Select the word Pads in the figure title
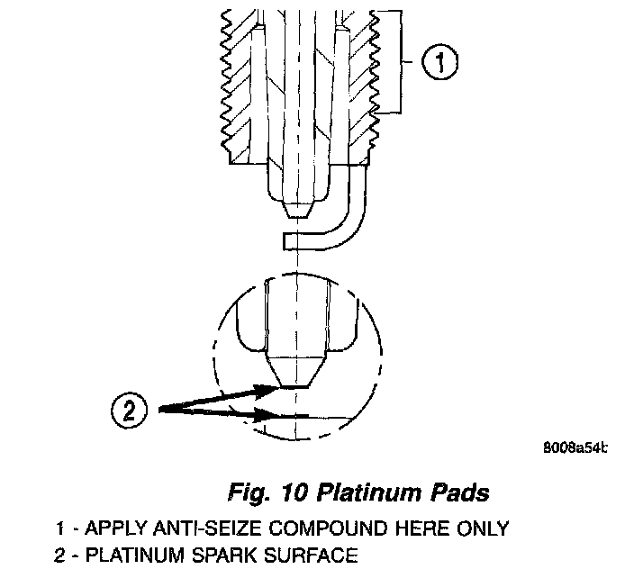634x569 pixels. click(459, 493)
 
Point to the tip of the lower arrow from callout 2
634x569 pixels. click(275, 417)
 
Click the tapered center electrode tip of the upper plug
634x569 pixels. click(295, 209)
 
